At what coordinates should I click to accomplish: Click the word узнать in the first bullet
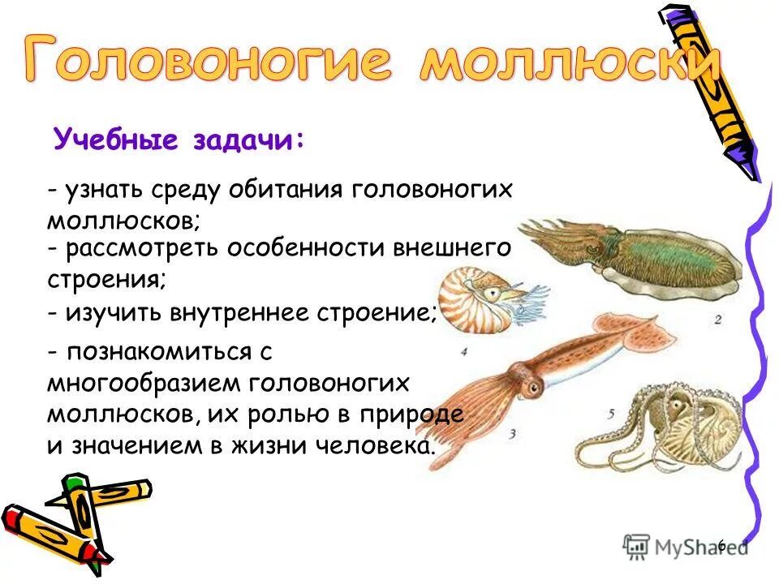click(x=104, y=189)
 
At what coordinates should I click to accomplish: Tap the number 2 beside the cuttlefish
click(x=717, y=320)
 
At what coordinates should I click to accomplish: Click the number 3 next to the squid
click(x=513, y=434)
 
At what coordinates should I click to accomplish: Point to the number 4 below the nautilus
click(x=464, y=351)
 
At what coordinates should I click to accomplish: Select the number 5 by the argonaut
click(x=611, y=413)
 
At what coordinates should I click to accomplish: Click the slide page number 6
click(x=721, y=545)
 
